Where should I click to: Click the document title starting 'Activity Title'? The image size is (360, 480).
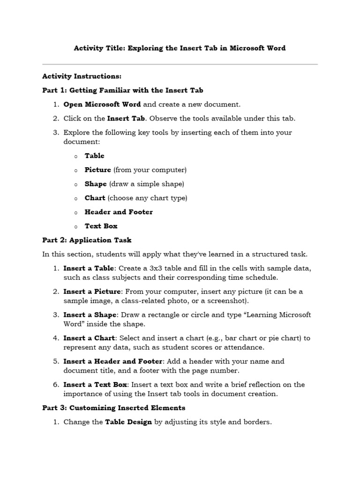click(180, 48)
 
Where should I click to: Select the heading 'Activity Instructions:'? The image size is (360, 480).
click(82, 76)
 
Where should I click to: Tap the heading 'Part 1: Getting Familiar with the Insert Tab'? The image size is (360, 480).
click(122, 90)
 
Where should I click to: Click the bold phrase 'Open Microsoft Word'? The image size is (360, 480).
click(102, 105)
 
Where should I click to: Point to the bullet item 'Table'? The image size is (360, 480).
click(94, 156)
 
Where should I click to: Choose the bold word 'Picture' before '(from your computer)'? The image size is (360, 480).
click(97, 170)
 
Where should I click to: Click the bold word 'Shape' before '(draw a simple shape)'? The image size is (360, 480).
click(96, 184)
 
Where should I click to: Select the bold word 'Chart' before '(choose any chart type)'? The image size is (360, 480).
click(95, 198)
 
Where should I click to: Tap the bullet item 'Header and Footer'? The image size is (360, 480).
click(119, 212)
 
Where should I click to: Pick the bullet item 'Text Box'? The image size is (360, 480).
click(101, 226)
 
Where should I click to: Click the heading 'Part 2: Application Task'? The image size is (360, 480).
click(87, 240)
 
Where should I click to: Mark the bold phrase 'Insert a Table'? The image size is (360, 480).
click(88, 268)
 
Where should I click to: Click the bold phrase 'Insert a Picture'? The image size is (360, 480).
click(92, 292)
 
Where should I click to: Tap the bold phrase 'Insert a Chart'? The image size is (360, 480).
click(89, 338)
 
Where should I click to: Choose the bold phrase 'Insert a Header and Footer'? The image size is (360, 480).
click(112, 361)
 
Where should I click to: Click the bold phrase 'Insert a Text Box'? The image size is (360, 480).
click(95, 385)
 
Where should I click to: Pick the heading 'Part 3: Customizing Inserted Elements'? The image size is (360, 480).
click(113, 408)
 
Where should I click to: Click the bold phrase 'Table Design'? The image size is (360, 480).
click(128, 422)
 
